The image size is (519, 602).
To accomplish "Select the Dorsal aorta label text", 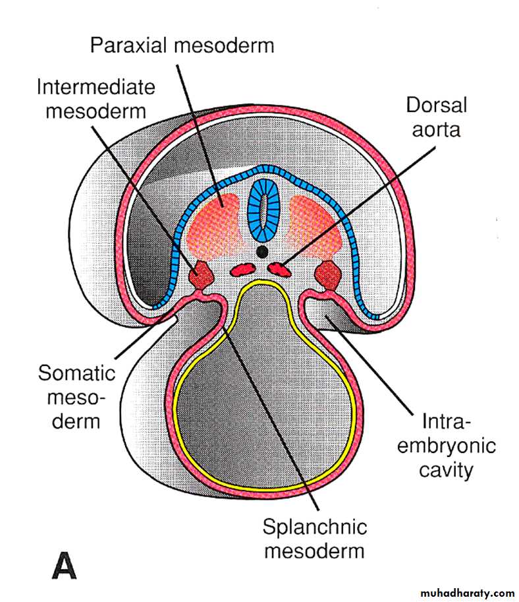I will [x=435, y=116].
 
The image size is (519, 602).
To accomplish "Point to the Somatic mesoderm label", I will [x=76, y=396].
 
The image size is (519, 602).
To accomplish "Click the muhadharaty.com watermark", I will [x=461, y=593].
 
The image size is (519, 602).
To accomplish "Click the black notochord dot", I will [x=262, y=251].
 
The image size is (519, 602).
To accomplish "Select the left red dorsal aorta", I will [x=242, y=268].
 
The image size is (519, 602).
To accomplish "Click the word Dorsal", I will [x=435, y=104].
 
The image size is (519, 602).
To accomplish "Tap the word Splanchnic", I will [x=314, y=527].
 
